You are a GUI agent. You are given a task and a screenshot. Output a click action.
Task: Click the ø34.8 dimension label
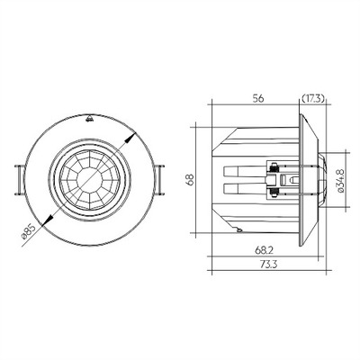(x=338, y=180)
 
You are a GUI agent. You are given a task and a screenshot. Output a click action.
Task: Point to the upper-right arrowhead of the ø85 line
(x=132, y=136)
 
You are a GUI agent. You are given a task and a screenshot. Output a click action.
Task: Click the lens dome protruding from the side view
(x=319, y=180)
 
